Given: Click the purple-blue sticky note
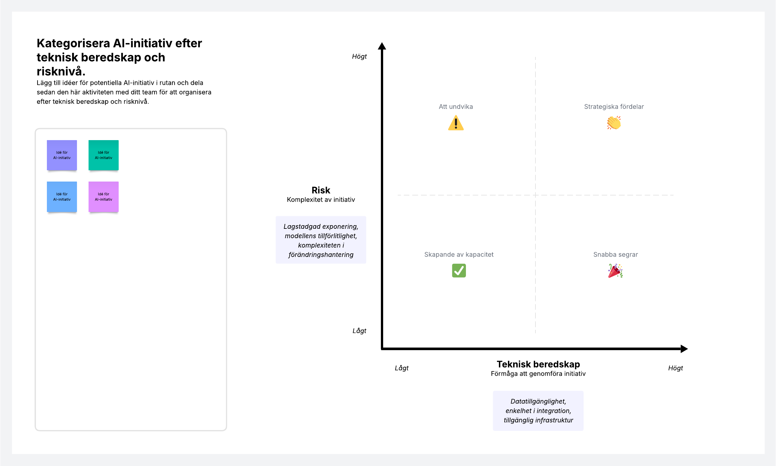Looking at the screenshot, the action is [62, 155].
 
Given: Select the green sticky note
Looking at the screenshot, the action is [103, 155].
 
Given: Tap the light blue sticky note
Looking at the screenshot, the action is [62, 197].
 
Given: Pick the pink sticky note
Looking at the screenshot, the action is [103, 197].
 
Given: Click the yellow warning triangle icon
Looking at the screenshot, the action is [456, 123].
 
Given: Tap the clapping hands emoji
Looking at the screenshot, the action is [614, 123].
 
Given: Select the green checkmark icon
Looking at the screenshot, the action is [459, 271].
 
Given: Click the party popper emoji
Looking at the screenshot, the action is [615, 271].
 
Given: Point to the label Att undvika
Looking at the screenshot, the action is [456, 107].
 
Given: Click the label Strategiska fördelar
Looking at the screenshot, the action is [614, 107].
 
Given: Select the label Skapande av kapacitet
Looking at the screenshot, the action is [459, 255].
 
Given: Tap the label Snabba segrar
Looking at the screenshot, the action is [616, 255].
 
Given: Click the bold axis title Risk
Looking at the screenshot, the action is [321, 190].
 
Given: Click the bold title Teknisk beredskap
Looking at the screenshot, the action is [538, 364].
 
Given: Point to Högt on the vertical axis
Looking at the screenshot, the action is [359, 57].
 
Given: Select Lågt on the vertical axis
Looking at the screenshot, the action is [359, 331].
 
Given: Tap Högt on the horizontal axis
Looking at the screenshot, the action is [675, 368].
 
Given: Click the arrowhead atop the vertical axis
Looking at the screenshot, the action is [382, 46].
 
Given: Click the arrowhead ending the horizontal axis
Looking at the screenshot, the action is [684, 349].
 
